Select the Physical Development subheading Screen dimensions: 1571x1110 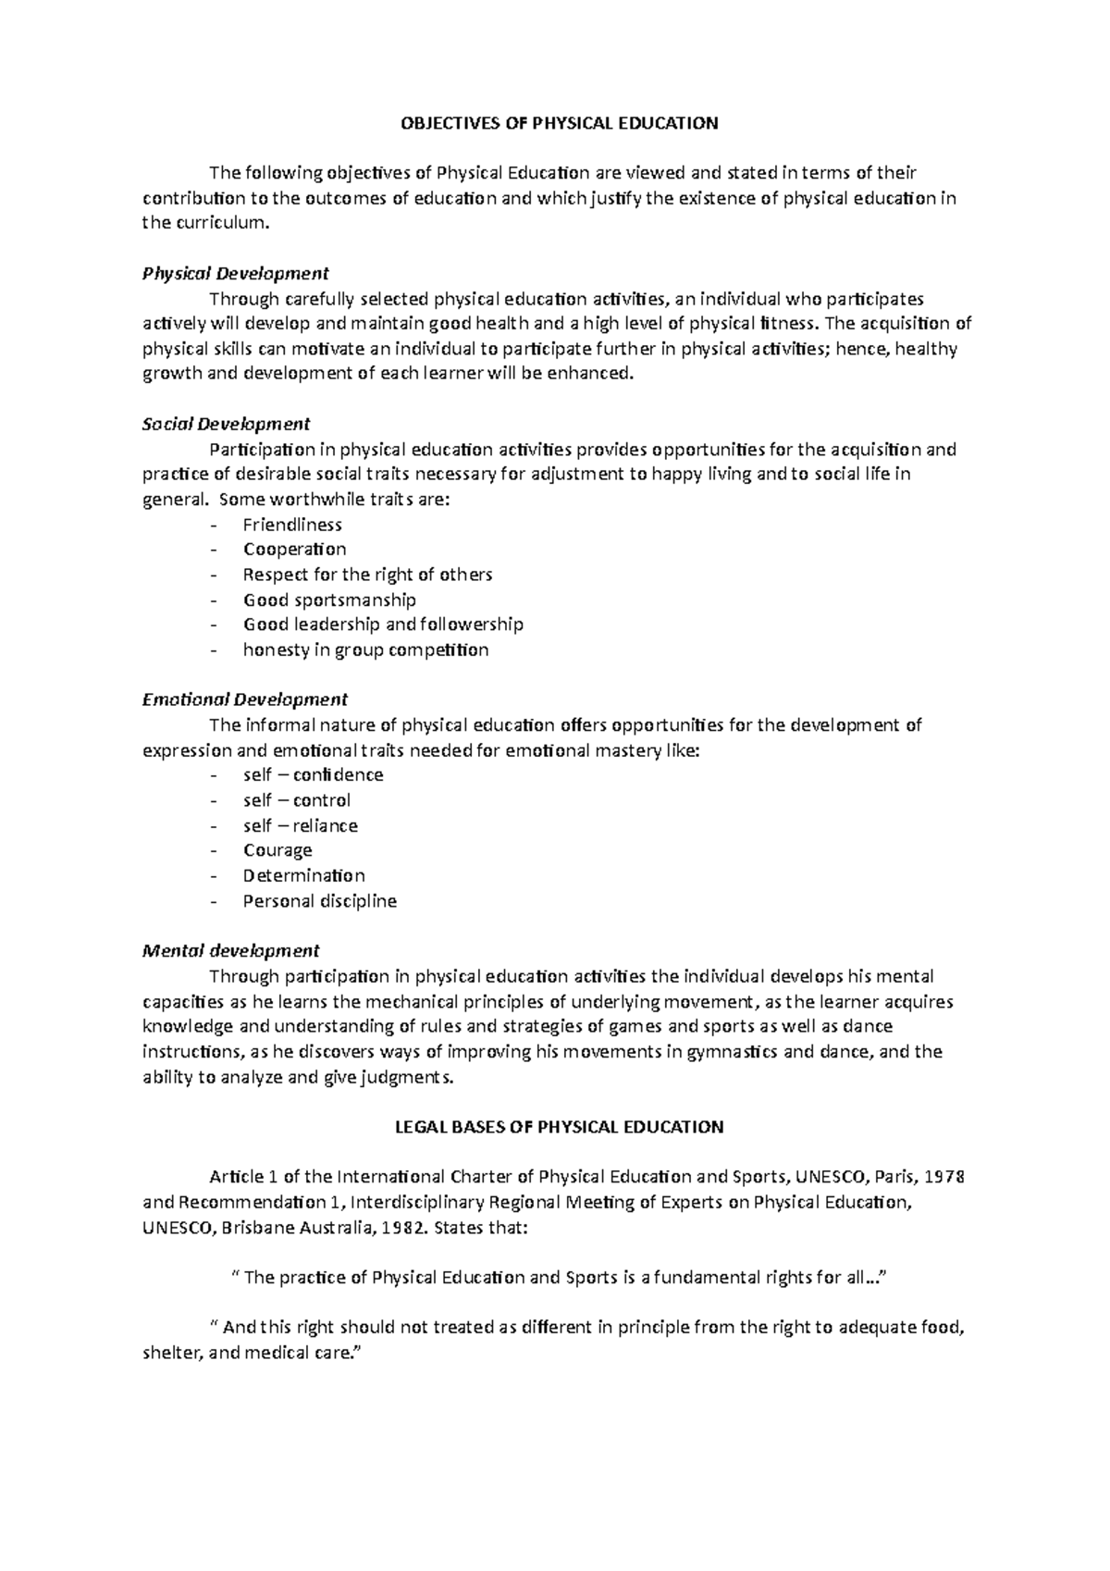235,274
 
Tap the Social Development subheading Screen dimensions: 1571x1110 226,425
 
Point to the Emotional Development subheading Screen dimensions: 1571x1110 244,699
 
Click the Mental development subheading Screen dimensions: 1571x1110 230,950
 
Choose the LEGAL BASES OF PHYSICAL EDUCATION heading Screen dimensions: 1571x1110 559,1127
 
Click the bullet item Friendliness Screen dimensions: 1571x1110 292,525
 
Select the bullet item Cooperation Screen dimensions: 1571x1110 294,550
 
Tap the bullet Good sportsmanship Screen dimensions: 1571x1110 329,600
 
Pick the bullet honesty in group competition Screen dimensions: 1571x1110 365,649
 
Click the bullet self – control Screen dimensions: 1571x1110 296,800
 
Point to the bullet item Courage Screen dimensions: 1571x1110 277,850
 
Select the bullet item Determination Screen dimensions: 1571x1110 303,875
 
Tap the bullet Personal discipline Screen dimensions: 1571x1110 319,901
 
